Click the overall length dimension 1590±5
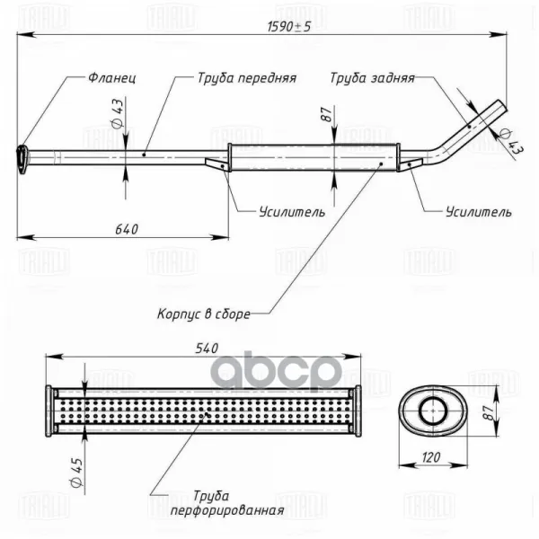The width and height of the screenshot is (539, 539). pos(288,26)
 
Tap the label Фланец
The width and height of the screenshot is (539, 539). pos(112,78)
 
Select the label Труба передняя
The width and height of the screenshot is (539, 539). pos(247,78)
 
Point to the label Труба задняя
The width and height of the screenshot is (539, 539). pos(372,78)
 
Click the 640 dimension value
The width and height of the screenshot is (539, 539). pos(127,229)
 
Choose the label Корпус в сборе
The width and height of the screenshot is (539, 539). pos(204,314)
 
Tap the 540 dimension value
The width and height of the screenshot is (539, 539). pos(207,349)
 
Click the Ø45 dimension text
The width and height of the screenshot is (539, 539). pos(76,472)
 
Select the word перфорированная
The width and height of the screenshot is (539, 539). pos(227,510)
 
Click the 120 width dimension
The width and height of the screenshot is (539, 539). pos(431,457)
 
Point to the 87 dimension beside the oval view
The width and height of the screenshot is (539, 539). pos(488,411)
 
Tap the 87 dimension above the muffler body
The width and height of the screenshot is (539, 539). pos(327,114)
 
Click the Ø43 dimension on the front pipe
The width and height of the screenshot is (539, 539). pos(117,113)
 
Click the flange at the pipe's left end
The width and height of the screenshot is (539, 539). pos(22,160)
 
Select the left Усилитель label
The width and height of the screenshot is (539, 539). pos(292,212)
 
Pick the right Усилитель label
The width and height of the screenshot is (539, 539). pos(479,212)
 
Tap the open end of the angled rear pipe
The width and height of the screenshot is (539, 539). pos(503,106)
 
